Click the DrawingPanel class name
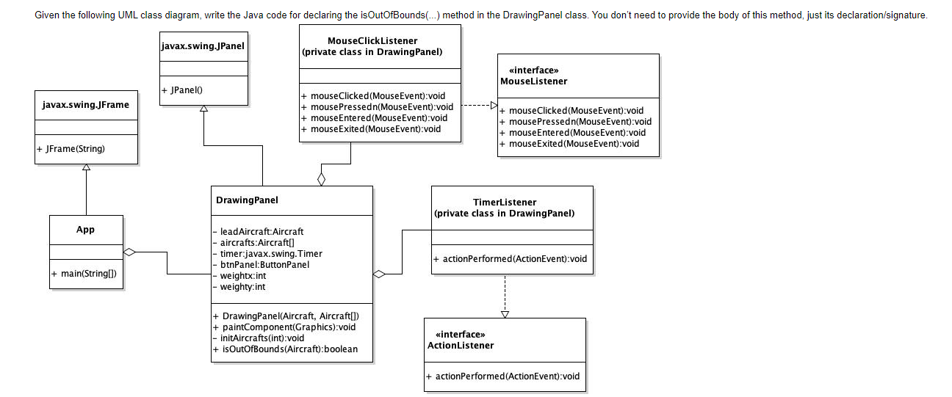247,200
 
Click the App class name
85,230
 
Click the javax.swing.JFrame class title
85,105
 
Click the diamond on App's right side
130,252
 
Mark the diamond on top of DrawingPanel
321,179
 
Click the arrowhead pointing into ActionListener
505,313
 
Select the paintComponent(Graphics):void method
284,327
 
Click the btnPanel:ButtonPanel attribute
260,265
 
